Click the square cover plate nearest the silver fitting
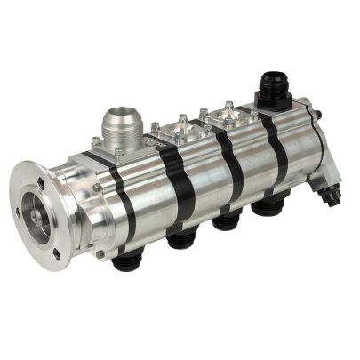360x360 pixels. click(x=180, y=133)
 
